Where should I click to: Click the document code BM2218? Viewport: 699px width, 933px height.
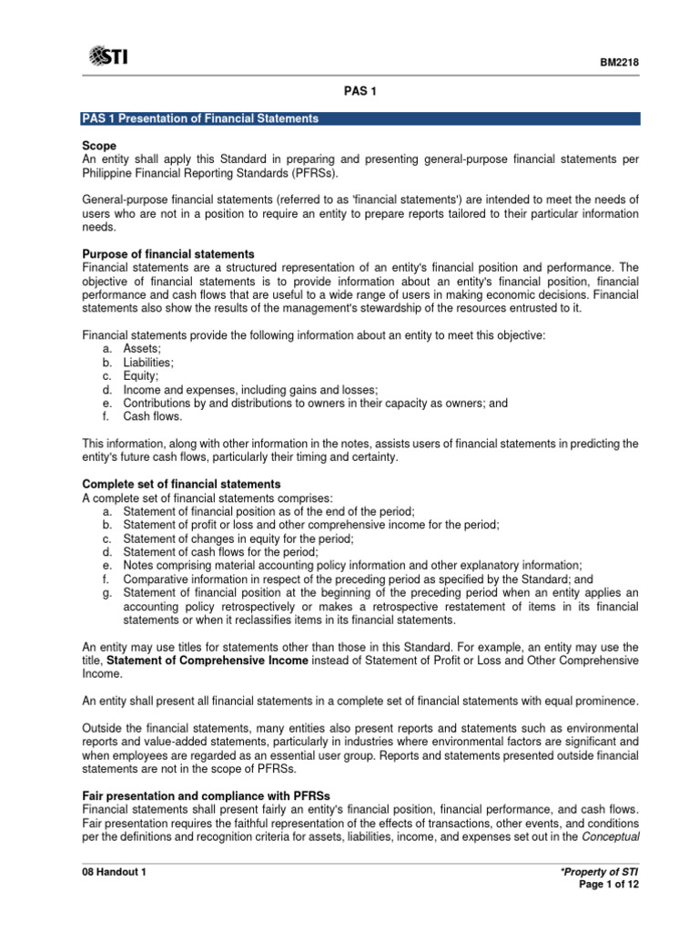pyautogui.click(x=620, y=63)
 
